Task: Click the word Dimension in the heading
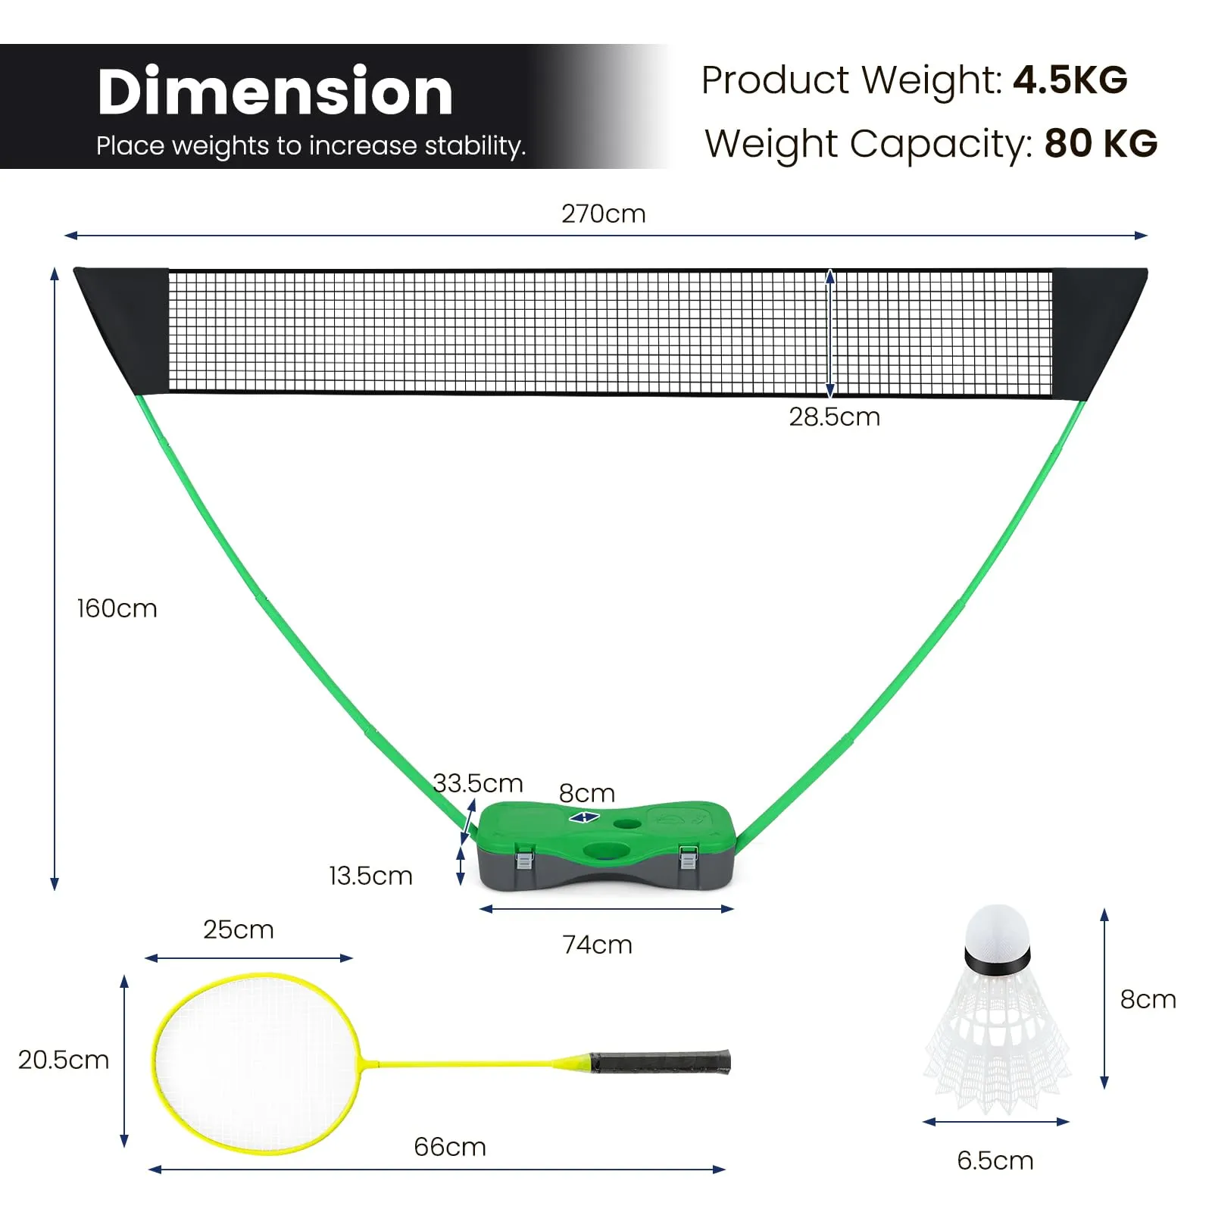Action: coord(275,92)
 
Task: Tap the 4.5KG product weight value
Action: coord(1070,80)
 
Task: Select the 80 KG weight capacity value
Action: coord(1101,143)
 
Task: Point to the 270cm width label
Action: coord(604,214)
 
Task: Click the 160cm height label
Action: coord(117,608)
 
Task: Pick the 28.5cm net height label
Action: coord(834,417)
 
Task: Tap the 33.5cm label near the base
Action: coord(478,782)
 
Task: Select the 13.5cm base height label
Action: coord(370,876)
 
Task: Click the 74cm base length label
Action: coord(597,945)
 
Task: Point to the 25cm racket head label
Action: coord(238,929)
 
